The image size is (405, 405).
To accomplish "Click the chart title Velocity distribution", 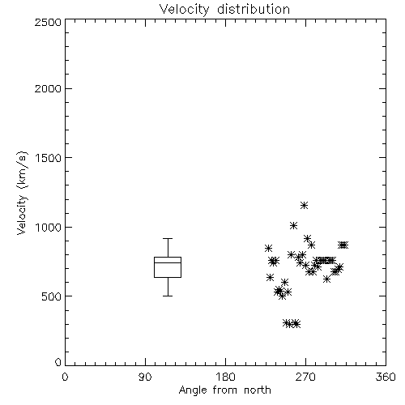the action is [x=224, y=10].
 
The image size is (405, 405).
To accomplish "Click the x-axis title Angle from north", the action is [x=224, y=390].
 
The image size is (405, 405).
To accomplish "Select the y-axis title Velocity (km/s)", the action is [x=22, y=193].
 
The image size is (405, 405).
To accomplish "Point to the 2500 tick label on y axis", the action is [x=48, y=22].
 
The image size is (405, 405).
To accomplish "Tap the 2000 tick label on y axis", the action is [x=48, y=88].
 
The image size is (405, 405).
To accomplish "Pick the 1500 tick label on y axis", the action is [x=49, y=158].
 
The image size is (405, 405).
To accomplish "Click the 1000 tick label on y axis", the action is [x=49, y=227].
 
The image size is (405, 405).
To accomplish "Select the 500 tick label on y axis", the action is [x=52, y=296].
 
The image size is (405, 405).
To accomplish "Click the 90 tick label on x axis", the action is [x=145, y=377].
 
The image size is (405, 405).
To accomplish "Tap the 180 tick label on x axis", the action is [x=225, y=377].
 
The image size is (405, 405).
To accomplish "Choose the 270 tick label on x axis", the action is [x=305, y=377].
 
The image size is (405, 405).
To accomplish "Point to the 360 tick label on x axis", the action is [x=386, y=377].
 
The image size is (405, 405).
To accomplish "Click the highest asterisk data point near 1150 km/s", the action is [x=305, y=206].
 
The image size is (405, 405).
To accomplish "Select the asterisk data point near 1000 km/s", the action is [x=294, y=225].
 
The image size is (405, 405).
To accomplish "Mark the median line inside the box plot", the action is [x=168, y=262].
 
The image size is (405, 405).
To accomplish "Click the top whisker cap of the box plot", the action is [x=168, y=238].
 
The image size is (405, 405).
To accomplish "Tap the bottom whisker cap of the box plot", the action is [x=168, y=296].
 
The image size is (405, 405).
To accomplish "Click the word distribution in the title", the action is [x=254, y=9].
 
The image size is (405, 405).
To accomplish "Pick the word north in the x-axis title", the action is [x=258, y=390].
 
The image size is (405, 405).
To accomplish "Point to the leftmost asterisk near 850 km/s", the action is [x=268, y=248].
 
